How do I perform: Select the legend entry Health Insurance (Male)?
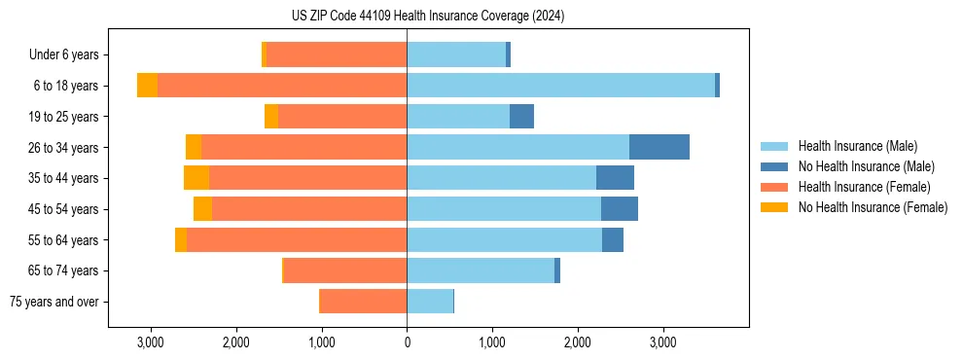click(x=856, y=146)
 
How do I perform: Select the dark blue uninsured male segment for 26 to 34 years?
click(x=659, y=147)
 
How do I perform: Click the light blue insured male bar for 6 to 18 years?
click(x=560, y=86)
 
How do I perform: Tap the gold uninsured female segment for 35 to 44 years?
click(x=196, y=178)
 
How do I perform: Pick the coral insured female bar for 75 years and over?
click(x=363, y=302)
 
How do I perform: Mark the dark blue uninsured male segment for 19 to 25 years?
click(x=521, y=117)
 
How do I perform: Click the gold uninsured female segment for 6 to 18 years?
click(x=147, y=86)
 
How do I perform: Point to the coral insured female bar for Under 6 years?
click(x=337, y=54)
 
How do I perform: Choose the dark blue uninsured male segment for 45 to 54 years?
click(x=619, y=209)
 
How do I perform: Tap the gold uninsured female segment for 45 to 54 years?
click(x=202, y=209)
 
